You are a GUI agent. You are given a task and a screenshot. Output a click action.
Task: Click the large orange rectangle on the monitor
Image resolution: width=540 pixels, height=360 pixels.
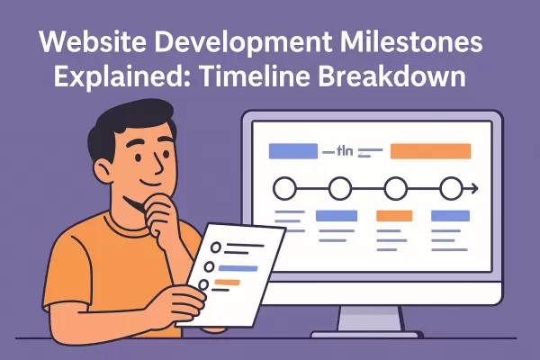(430, 151)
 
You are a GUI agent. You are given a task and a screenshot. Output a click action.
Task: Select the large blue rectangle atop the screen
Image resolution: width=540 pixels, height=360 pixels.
(293, 151)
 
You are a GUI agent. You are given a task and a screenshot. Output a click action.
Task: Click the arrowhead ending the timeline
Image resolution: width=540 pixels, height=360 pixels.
(472, 189)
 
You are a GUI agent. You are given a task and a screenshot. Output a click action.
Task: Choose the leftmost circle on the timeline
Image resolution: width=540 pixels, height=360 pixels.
(284, 189)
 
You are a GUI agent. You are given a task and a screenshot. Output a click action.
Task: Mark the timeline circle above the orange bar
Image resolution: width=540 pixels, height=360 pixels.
(394, 189)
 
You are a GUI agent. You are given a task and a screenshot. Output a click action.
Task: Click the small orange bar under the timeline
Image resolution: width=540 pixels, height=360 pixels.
(393, 216)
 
